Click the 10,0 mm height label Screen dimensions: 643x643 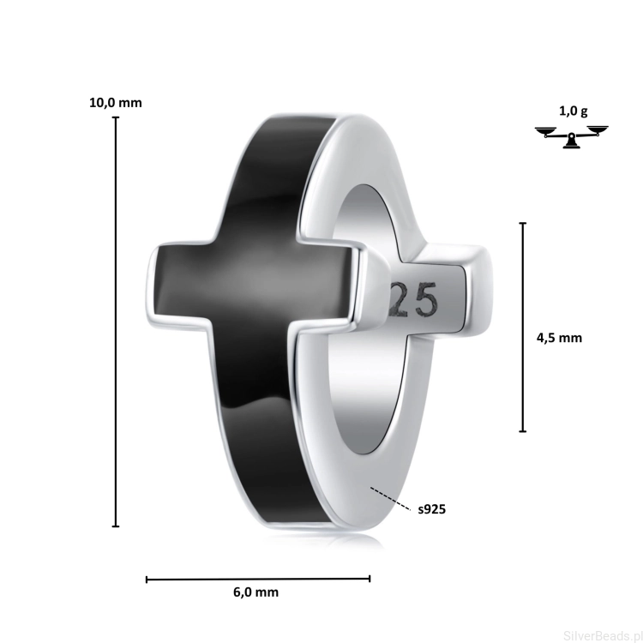(x=116, y=103)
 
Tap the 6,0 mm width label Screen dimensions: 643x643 (x=255, y=592)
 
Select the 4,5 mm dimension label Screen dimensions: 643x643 (x=559, y=338)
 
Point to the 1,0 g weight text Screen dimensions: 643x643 (x=574, y=111)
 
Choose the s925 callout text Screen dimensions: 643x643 (x=432, y=509)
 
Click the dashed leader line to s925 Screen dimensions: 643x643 (x=390, y=498)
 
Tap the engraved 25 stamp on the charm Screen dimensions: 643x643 (x=413, y=302)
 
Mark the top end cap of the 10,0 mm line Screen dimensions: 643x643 (x=116, y=117)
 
